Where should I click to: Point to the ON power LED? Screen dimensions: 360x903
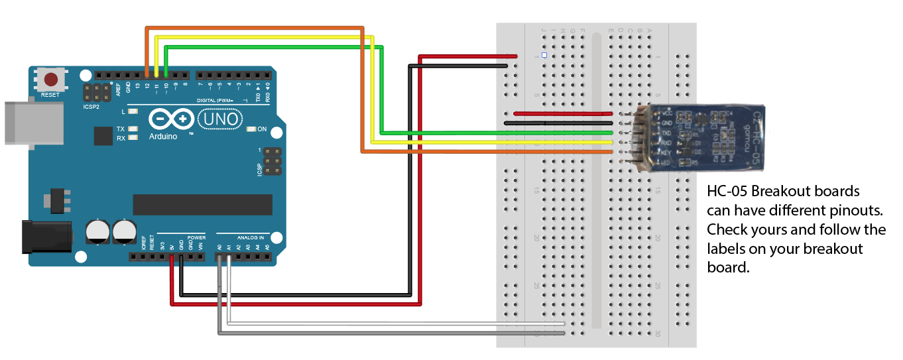click(x=251, y=129)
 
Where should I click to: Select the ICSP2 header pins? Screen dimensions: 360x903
click(x=97, y=92)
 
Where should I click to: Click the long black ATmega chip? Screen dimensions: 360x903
click(x=202, y=205)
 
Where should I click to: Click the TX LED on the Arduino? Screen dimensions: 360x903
click(x=133, y=129)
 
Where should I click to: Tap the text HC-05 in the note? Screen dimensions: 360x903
click(x=727, y=192)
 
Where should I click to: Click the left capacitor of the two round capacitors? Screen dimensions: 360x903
click(x=98, y=232)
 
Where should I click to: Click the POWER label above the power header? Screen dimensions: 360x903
click(x=197, y=237)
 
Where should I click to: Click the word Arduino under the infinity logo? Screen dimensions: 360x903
click(x=163, y=137)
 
